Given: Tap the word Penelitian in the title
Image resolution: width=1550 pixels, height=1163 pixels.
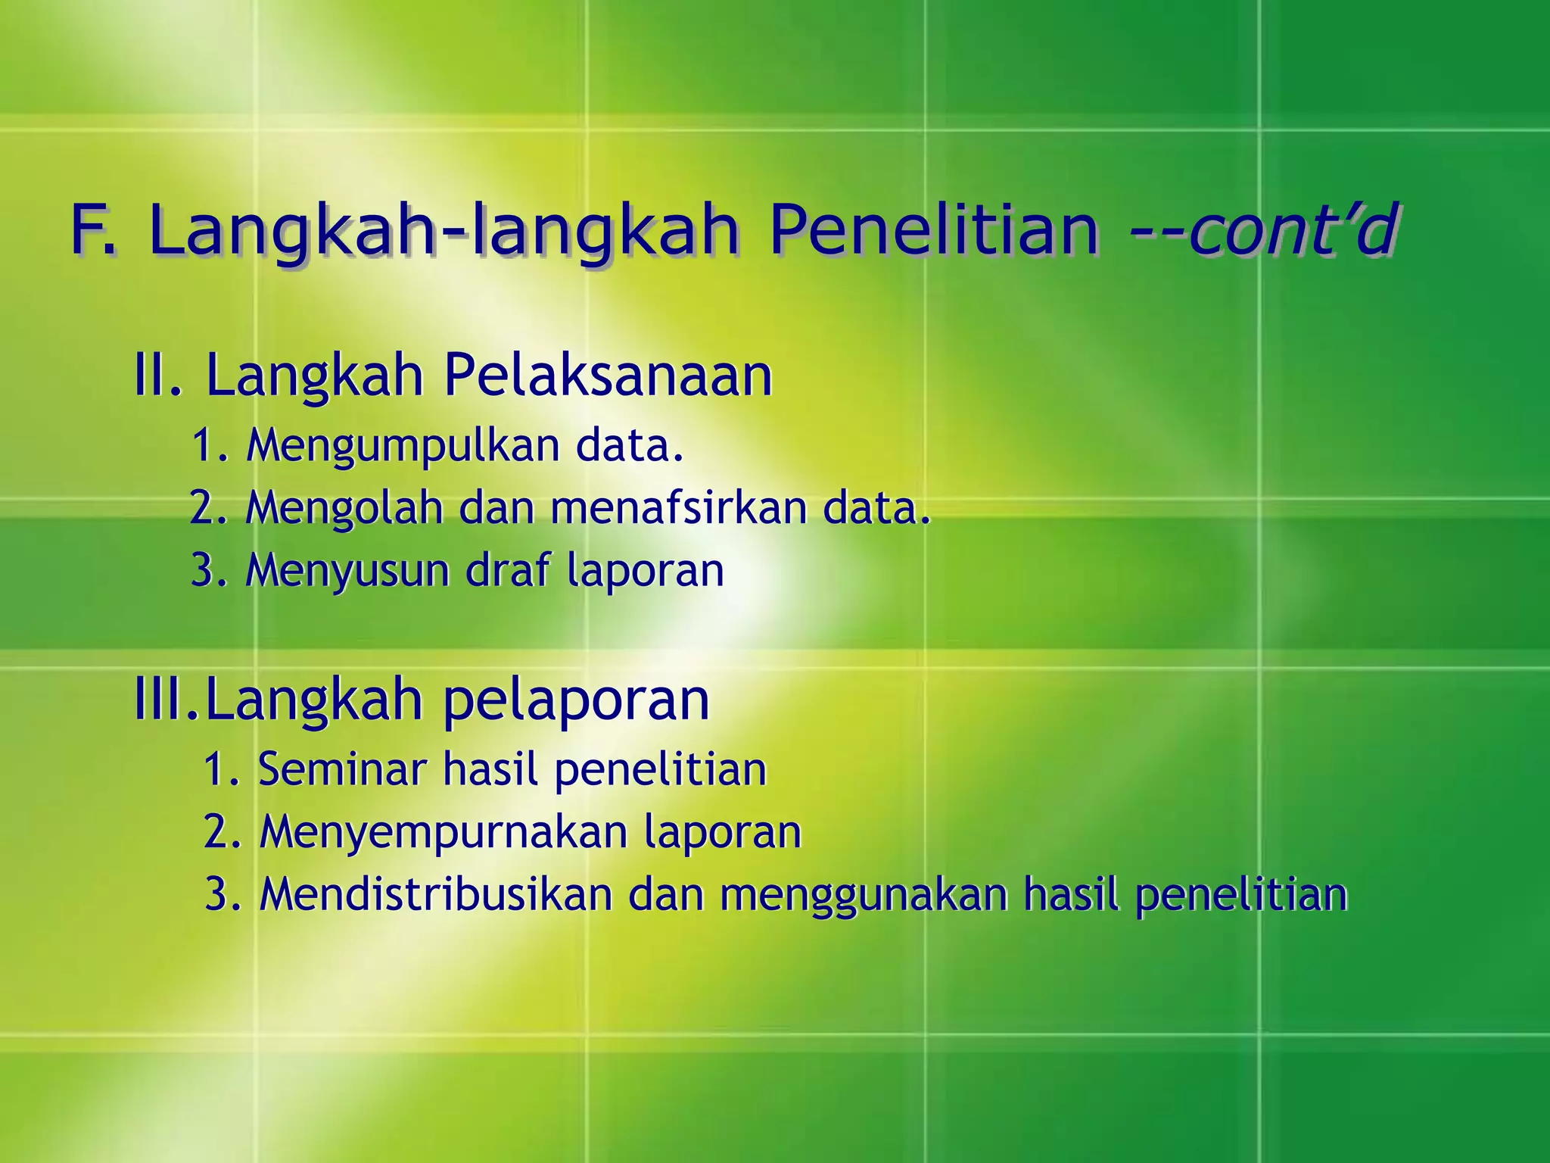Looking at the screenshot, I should (x=934, y=230).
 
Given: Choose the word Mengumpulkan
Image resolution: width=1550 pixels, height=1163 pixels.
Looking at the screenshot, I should (x=403, y=445).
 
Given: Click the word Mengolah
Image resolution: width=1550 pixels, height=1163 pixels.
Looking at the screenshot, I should (x=344, y=508).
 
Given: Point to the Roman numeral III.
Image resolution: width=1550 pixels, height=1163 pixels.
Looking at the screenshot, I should (x=165, y=700).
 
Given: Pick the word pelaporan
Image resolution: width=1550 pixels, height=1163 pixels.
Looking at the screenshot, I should (x=576, y=701).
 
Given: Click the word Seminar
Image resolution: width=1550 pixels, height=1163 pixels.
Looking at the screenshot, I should (x=342, y=769).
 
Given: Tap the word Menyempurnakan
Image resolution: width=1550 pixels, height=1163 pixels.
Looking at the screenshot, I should (x=444, y=833).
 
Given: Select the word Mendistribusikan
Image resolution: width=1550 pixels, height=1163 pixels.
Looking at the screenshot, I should (x=436, y=894).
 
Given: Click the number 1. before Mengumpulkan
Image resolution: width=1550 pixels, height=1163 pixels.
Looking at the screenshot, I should (x=210, y=445).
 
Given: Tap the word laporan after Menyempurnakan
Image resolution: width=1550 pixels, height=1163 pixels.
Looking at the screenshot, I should (x=723, y=833).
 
